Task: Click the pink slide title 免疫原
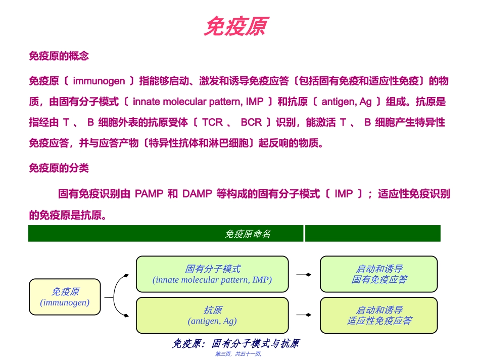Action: point(235,26)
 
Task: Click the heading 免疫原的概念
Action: point(59,56)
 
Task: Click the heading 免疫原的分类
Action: point(59,168)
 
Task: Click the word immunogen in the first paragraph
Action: point(99,81)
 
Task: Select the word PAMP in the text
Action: point(149,194)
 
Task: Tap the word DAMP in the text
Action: point(197,194)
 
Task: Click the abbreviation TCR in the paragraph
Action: point(212,122)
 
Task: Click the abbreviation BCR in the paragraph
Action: point(251,122)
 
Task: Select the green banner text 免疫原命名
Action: point(248,234)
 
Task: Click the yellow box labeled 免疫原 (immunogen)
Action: point(65,297)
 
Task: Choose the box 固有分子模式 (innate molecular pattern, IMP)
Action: point(212,274)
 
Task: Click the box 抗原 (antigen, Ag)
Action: point(212,316)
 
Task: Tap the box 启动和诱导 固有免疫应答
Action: point(379,274)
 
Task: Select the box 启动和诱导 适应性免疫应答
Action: point(379,316)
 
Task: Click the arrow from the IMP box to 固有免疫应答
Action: point(304,274)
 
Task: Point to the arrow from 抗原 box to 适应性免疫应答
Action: point(304,315)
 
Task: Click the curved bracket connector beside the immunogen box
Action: point(117,297)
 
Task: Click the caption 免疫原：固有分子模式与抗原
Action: point(235,344)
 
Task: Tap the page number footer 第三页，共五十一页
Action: point(238,354)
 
